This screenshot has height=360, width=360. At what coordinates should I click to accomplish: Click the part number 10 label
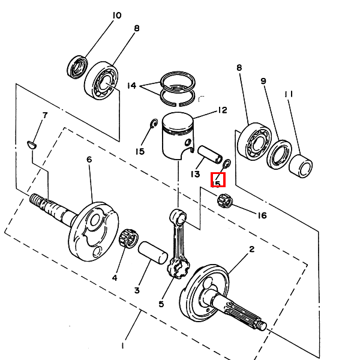click(117, 16)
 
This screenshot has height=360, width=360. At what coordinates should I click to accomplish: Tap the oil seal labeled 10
click(77, 67)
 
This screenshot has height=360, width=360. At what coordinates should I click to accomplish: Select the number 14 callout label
click(132, 86)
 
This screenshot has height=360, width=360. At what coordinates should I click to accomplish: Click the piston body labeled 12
click(178, 136)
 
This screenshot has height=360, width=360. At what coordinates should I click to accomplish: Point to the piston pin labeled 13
click(210, 155)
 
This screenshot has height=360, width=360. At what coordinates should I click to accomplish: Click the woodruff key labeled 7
click(31, 145)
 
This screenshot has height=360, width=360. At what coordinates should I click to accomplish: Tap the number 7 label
click(45, 115)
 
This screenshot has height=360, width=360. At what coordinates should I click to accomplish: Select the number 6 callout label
click(89, 160)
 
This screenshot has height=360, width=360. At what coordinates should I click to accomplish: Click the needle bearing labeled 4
click(128, 239)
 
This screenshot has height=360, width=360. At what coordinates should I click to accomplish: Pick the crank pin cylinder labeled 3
click(153, 253)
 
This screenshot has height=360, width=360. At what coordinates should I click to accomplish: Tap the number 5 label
click(161, 304)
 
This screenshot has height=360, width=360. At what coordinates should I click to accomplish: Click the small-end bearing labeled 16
click(225, 200)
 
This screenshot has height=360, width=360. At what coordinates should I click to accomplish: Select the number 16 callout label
click(262, 215)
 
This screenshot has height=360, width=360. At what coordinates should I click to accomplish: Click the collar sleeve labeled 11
click(301, 166)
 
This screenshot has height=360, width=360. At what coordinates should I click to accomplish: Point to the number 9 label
click(263, 81)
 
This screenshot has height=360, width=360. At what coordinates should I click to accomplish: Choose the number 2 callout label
click(251, 249)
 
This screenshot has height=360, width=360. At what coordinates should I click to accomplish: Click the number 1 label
click(123, 346)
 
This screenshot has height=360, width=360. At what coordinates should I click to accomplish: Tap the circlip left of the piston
click(154, 123)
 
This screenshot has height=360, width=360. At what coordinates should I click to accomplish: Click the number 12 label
click(222, 110)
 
